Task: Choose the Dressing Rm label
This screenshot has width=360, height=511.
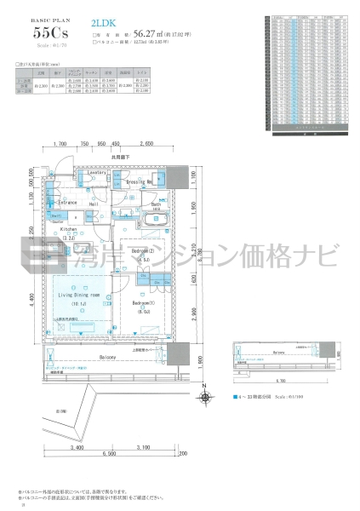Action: pyautogui.click(x=140, y=182)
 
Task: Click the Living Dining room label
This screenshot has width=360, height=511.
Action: pyautogui.click(x=79, y=295)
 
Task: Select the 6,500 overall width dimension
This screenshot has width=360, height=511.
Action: pyautogui.click(x=109, y=454)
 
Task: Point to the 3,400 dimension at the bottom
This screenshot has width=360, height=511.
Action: pyautogui.click(x=75, y=446)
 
